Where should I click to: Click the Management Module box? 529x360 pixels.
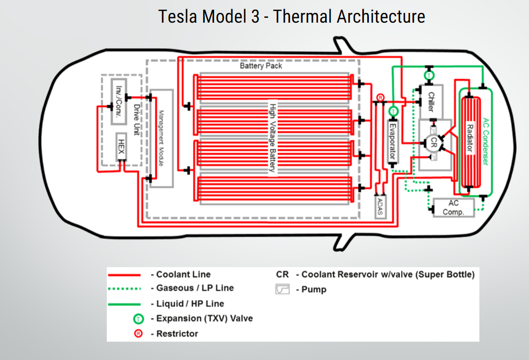tap(162, 138)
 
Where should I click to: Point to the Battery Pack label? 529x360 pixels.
tap(260, 66)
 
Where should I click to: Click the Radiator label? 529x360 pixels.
tap(470, 139)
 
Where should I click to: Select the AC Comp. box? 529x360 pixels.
tap(454, 208)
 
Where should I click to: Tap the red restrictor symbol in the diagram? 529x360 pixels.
tap(380, 97)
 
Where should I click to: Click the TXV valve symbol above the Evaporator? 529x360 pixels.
tap(393, 110)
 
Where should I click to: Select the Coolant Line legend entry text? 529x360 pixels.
tap(183, 275)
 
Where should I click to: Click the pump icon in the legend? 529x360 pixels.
tap(283, 289)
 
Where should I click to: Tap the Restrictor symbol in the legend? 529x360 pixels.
tap(139, 334)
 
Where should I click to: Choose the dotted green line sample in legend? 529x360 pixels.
tap(124, 288)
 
